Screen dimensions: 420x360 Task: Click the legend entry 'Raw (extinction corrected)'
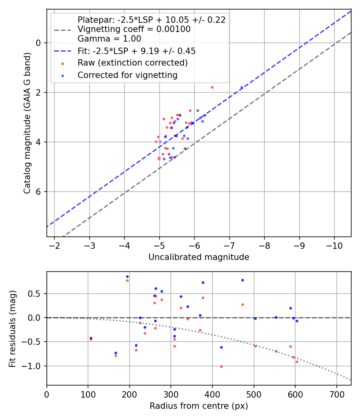coord(132,63)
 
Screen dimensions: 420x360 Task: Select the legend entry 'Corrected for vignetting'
coord(127,75)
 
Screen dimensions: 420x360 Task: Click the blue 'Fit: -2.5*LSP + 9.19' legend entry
coord(136,51)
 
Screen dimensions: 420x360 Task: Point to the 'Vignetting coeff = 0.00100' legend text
coord(134,29)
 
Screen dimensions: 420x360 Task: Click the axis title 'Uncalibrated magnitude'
coord(199,257)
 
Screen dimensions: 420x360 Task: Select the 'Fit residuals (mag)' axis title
coord(13,328)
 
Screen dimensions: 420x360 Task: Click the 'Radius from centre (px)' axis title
coord(199,406)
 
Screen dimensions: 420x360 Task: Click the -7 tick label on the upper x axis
coord(230,245)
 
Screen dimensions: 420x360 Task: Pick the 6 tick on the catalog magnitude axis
coord(39,192)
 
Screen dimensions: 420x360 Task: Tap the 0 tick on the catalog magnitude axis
coord(39,43)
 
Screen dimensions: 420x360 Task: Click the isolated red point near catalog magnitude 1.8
coord(212,87)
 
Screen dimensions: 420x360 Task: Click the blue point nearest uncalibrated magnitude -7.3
coord(242,87)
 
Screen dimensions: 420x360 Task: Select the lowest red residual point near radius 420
coord(221,366)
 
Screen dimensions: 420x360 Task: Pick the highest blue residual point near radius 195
coord(127,276)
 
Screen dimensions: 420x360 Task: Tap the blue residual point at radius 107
coord(91,338)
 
